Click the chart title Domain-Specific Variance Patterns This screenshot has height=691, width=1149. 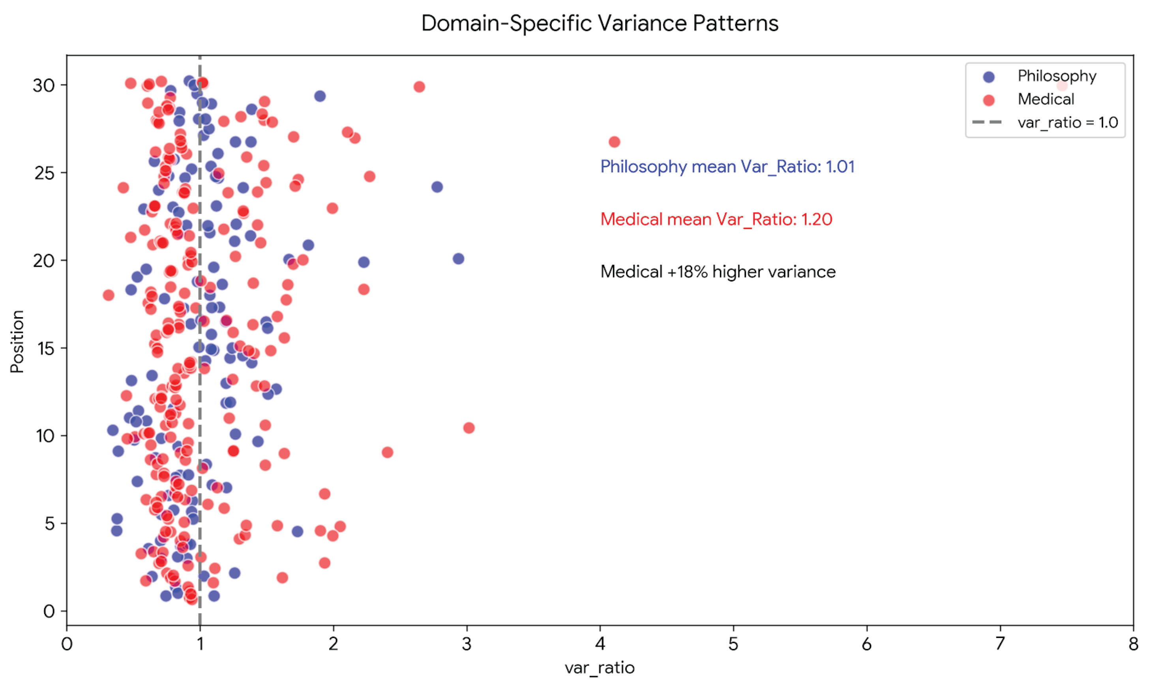tap(600, 23)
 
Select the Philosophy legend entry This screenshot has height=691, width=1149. tap(1056, 76)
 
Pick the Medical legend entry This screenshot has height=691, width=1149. tap(1045, 99)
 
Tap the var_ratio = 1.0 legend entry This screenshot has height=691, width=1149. tap(1067, 122)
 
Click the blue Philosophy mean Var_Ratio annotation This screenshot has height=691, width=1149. tap(727, 167)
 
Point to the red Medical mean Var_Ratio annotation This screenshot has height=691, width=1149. tap(716, 219)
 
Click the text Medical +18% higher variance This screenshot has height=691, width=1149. tap(718, 272)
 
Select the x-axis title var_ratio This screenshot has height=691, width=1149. tap(600, 668)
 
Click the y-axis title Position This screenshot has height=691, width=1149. tap(17, 341)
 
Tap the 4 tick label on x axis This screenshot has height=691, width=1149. tap(600, 644)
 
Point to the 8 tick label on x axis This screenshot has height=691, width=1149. tap(1133, 644)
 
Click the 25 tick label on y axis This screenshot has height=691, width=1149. tap(44, 173)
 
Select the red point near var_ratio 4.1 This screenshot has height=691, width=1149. tap(614, 142)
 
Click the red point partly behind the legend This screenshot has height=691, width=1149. tap(1061, 86)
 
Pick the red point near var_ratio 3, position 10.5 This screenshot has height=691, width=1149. tap(469, 428)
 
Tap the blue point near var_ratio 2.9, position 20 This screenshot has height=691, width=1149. tap(458, 259)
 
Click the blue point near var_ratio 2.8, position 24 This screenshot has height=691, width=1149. tap(437, 187)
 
